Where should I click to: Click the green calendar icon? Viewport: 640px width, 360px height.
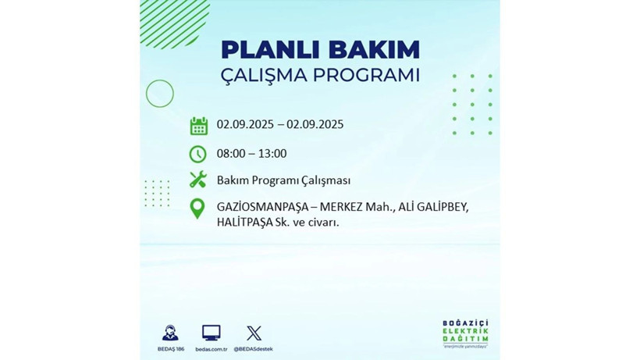(x=198, y=126)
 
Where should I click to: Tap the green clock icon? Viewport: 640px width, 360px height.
(x=198, y=154)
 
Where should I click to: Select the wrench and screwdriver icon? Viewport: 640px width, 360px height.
(x=198, y=180)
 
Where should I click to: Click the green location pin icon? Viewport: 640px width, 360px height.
(x=198, y=209)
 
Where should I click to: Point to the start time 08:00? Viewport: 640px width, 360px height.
(x=232, y=153)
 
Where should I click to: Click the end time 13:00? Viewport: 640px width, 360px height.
(x=272, y=153)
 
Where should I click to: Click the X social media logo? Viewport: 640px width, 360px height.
(x=254, y=333)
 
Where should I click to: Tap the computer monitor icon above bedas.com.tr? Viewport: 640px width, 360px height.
(x=211, y=333)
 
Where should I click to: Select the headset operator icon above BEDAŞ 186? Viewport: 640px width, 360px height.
(x=170, y=333)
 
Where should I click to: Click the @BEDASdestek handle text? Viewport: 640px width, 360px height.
(x=254, y=348)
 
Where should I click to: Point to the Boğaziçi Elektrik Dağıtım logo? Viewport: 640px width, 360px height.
(x=465, y=334)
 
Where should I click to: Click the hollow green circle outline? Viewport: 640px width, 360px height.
(x=159, y=94)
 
